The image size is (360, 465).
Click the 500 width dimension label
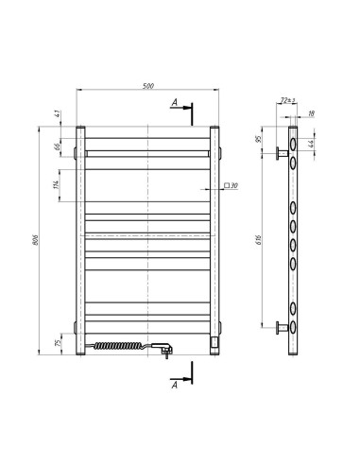[x=148, y=87]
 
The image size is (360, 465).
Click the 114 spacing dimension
[x=57, y=186]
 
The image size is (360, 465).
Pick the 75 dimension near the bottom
[x=56, y=340]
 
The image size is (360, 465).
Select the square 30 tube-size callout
[x=230, y=187]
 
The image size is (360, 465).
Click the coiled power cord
[x=118, y=347]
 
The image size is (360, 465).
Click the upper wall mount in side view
[x=281, y=152]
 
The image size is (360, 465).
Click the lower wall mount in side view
[x=281, y=328]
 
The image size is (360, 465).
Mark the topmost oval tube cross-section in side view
[x=293, y=144]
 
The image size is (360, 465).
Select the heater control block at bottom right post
[x=215, y=336]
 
